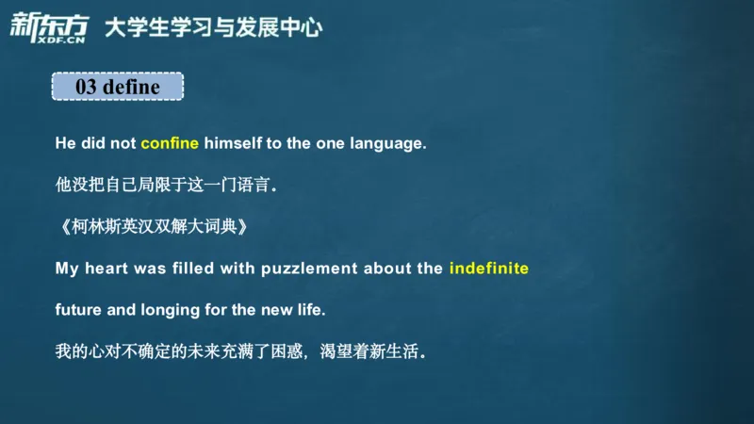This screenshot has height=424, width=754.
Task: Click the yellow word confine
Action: pos(170,144)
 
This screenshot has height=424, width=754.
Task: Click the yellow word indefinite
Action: pos(489,269)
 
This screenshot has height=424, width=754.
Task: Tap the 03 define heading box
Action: pos(117,87)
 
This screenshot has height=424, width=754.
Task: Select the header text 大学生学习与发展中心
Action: pos(213,27)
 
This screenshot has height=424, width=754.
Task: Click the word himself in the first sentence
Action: pos(236,144)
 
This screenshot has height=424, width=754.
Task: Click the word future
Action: pos(77,309)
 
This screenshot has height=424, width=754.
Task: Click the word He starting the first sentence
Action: pos(65,144)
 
